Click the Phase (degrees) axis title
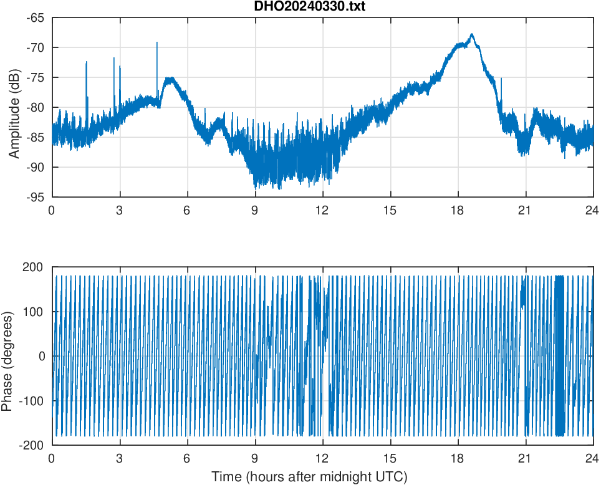pyautogui.click(x=7, y=356)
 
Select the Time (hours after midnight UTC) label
pyautogui.click(x=309, y=477)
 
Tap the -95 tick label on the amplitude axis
pyautogui.click(x=35, y=196)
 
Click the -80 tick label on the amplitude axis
pyautogui.click(x=35, y=107)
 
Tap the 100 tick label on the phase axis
pyautogui.click(x=36, y=312)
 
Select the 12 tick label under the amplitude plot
pyautogui.click(x=322, y=210)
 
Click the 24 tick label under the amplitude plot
pyautogui.click(x=592, y=210)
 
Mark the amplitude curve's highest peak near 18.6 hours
pyautogui.click(x=472, y=34)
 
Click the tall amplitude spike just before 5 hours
pyautogui.click(x=157, y=43)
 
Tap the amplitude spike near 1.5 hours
pyautogui.click(x=87, y=62)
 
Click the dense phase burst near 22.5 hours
pyautogui.click(x=559, y=355)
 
